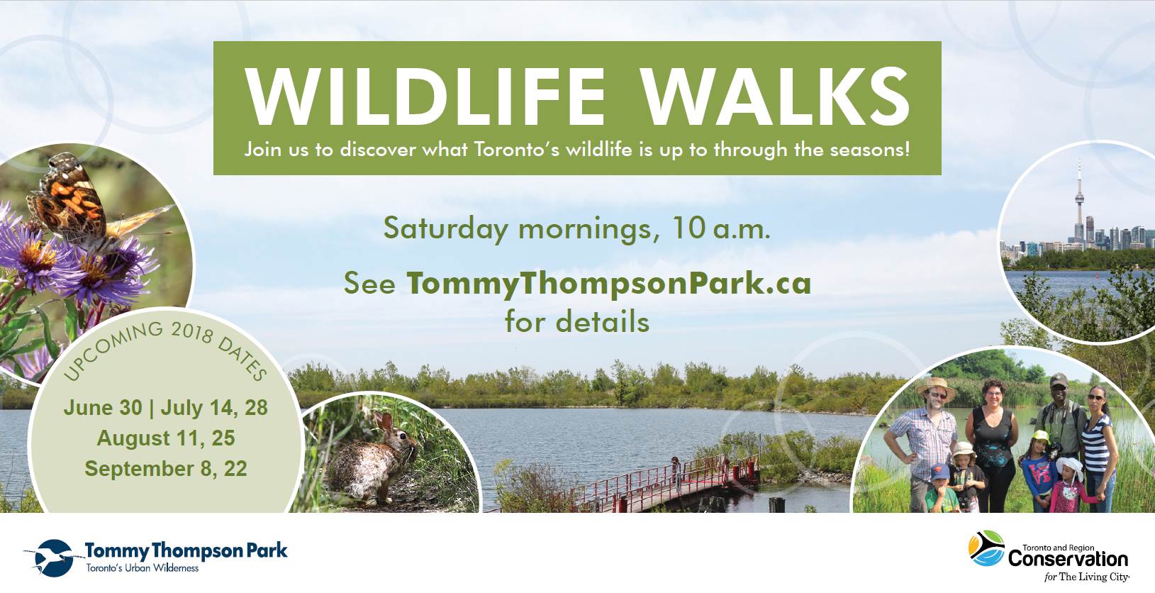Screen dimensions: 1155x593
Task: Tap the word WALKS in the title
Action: (777, 96)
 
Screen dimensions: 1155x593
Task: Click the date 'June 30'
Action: (103, 407)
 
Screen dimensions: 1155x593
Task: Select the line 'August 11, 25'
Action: (165, 438)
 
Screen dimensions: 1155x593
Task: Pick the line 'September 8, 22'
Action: (165, 469)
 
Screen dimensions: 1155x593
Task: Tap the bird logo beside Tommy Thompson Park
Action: (52, 558)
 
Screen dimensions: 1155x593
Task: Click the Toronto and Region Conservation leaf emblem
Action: (986, 548)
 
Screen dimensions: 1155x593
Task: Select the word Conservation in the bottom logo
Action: (1068, 559)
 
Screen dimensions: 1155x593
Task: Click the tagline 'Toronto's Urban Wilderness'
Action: (142, 568)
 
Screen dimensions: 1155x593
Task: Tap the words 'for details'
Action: (577, 322)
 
